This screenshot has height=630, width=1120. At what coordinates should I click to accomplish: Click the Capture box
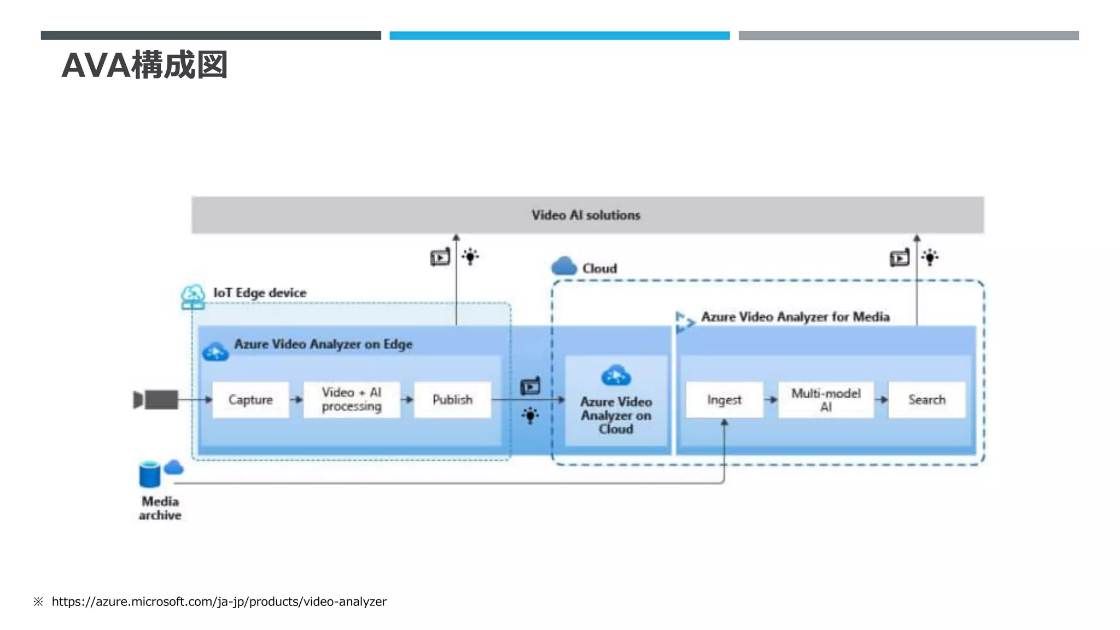tap(250, 400)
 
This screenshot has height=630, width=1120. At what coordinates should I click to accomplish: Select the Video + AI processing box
tap(352, 400)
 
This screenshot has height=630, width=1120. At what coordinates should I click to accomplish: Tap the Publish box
tap(452, 400)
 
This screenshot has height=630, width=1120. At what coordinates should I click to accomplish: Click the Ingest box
tap(724, 400)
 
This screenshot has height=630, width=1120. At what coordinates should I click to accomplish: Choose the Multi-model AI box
tap(826, 400)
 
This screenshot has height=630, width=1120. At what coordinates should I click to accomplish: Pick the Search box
tap(927, 400)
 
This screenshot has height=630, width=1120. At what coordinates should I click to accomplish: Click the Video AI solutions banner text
tap(586, 215)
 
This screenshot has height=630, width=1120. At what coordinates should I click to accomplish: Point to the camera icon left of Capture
tap(156, 400)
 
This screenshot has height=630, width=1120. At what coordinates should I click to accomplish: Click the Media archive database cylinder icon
tap(149, 474)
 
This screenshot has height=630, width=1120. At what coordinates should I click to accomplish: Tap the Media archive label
tap(160, 508)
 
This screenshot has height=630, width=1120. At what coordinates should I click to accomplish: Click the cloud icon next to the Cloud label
tap(564, 266)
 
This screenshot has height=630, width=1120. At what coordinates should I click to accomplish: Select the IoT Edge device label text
tap(260, 293)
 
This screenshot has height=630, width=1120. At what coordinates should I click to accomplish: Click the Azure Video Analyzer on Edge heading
tap(323, 344)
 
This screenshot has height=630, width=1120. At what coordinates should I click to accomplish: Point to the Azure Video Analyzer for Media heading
tap(795, 317)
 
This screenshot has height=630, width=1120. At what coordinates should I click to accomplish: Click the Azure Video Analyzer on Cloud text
tap(616, 415)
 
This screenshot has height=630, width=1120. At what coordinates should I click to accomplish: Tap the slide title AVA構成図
tap(144, 65)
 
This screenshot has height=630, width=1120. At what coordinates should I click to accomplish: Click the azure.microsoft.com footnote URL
tap(219, 602)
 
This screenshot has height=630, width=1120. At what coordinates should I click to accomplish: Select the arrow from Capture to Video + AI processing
tap(296, 400)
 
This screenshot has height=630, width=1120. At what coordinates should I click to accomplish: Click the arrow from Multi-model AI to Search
tap(881, 400)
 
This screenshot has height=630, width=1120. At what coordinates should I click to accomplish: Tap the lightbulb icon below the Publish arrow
tap(530, 416)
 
